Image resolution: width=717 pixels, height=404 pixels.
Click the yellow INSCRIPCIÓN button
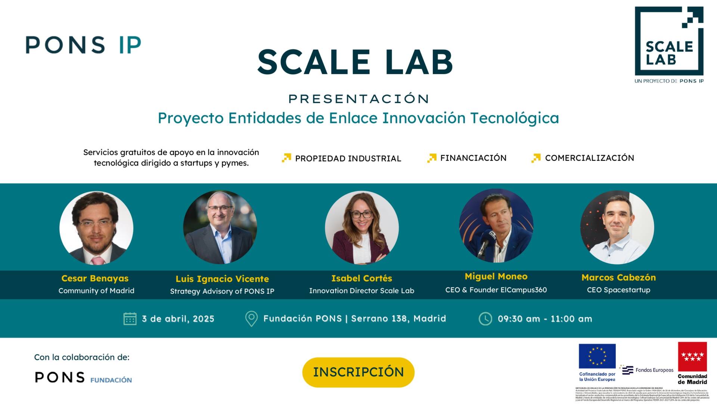(x=358, y=372)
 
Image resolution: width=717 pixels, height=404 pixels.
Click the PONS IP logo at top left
(x=83, y=45)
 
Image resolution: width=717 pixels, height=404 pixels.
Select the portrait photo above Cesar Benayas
(x=96, y=228)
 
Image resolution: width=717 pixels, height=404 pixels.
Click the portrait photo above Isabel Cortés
(x=361, y=228)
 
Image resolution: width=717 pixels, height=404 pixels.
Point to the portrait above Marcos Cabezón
(x=617, y=228)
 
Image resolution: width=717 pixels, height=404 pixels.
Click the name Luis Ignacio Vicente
(x=222, y=279)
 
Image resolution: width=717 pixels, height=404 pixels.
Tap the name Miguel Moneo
(x=496, y=277)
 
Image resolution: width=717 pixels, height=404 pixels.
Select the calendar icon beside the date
(x=130, y=319)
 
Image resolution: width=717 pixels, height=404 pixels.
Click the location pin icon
(x=251, y=318)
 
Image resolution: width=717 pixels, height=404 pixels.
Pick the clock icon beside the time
(x=485, y=319)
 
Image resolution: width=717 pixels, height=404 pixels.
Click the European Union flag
(x=597, y=356)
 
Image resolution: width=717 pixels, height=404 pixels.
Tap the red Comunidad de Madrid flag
(x=692, y=357)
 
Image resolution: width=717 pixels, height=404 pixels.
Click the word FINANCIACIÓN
(x=473, y=158)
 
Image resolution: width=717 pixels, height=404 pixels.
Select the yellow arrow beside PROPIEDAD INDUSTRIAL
(x=286, y=158)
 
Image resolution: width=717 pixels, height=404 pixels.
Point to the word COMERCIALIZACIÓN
(x=589, y=158)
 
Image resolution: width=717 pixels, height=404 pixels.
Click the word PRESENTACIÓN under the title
(x=358, y=99)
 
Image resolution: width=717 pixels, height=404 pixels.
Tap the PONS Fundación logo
(x=83, y=377)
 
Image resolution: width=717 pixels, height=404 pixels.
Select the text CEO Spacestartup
(x=618, y=290)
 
